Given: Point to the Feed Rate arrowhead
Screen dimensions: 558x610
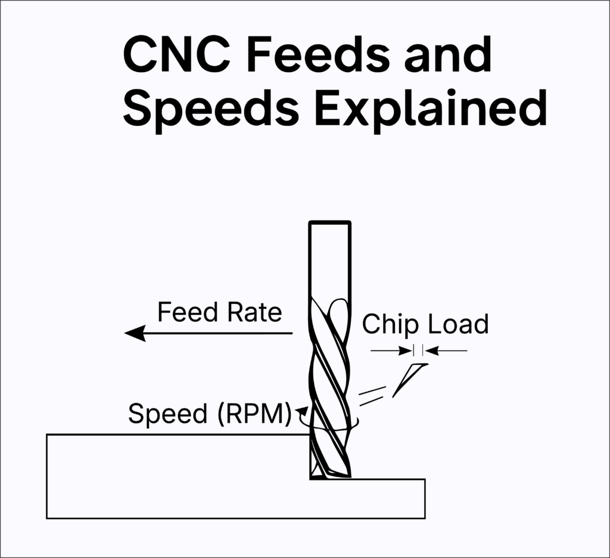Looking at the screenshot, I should (x=135, y=333).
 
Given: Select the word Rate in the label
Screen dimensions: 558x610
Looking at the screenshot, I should (x=254, y=312).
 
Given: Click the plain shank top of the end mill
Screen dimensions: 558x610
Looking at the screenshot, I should (x=329, y=256).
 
